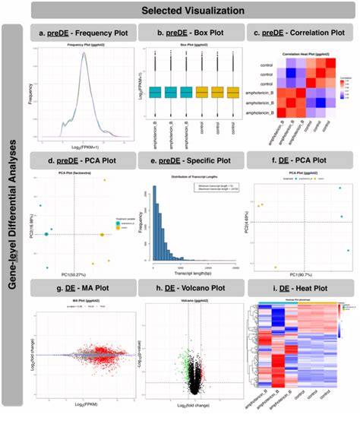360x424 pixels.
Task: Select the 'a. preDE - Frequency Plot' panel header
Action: tap(83, 35)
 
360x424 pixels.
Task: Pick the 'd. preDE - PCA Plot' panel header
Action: tap(83, 160)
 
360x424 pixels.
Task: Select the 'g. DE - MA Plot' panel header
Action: tap(83, 290)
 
